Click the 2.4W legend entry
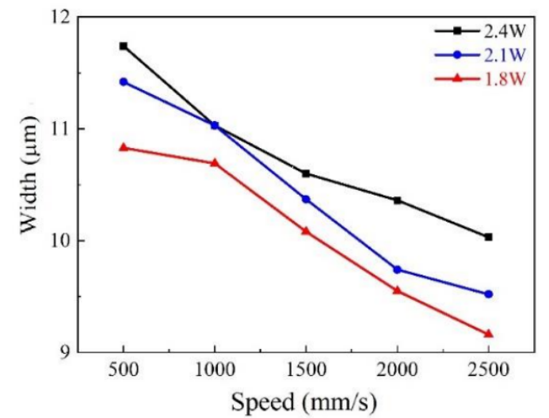pos(480,31)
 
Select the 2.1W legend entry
pos(480,55)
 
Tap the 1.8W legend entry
pos(480,78)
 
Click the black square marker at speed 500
pos(124,46)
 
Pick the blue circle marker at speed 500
pos(124,82)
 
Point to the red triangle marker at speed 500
pos(124,147)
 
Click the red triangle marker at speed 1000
pos(215,162)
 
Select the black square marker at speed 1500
pos(306,173)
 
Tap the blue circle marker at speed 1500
pos(306,199)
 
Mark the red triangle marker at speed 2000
pos(397,290)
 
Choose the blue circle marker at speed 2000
pos(397,269)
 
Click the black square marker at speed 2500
pos(489,237)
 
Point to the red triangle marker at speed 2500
pos(489,333)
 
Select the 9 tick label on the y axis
pos(63,352)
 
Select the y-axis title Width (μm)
pos(29,184)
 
